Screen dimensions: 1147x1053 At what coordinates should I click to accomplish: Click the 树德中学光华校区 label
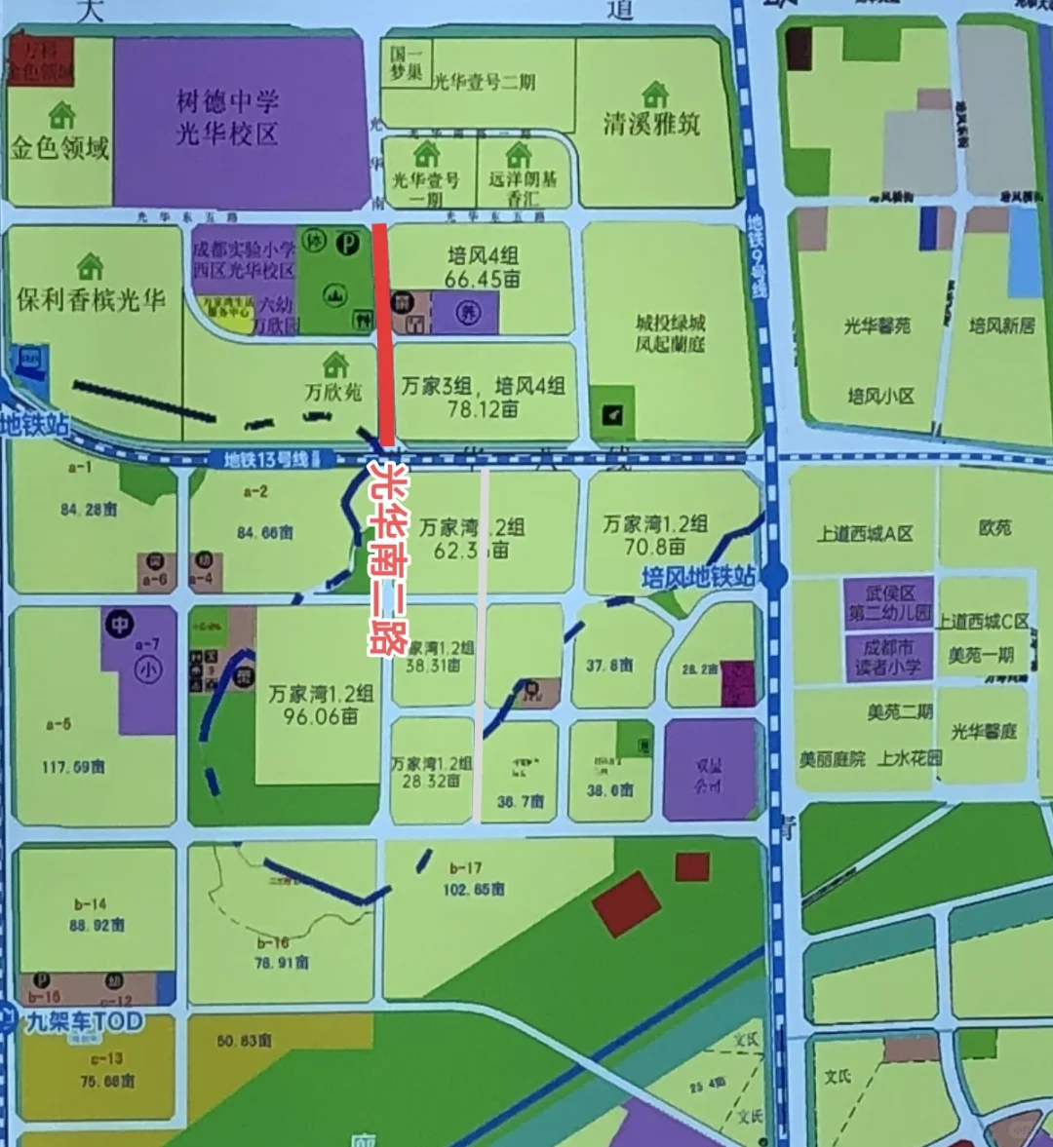(x=227, y=117)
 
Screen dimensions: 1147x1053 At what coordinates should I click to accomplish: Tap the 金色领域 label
(x=59, y=148)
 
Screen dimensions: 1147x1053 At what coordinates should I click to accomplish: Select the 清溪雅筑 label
(x=651, y=123)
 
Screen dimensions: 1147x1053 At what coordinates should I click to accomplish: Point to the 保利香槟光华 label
(x=91, y=299)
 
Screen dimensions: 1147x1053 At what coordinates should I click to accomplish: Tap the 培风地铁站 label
(x=698, y=577)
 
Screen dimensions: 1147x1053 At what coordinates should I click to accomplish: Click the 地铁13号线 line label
(x=265, y=459)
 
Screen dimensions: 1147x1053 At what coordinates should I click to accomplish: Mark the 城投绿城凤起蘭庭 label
(x=670, y=333)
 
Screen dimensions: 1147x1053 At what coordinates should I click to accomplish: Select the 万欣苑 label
(x=332, y=392)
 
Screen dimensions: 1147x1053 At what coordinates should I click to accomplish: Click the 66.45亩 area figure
(x=483, y=280)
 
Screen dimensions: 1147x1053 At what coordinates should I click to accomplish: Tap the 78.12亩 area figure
(x=483, y=409)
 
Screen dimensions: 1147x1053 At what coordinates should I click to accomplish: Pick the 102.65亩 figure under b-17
(x=474, y=889)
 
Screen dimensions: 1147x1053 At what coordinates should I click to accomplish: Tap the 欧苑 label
(x=994, y=527)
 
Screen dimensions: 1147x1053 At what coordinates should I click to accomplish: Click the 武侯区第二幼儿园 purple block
(x=889, y=603)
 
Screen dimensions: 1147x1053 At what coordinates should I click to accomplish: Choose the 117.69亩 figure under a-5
(x=73, y=767)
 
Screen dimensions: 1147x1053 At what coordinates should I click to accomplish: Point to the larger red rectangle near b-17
(x=628, y=904)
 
